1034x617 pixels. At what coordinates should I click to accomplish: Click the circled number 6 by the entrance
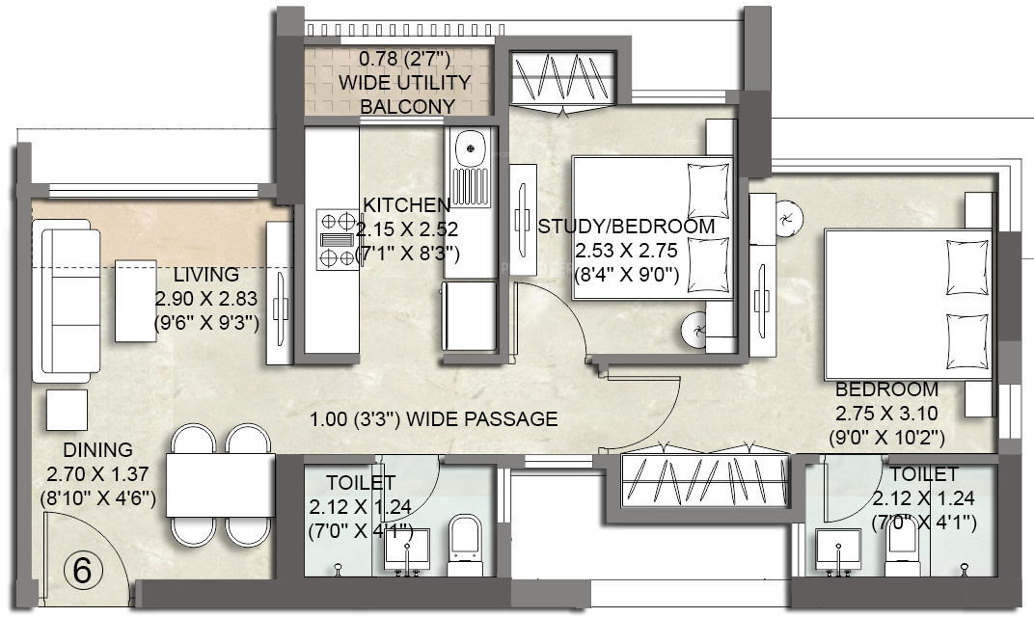tap(83, 571)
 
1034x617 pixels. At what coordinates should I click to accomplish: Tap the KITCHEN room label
tap(406, 205)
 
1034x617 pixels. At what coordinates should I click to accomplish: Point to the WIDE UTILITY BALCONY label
tap(405, 83)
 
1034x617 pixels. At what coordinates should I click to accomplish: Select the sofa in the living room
tap(66, 299)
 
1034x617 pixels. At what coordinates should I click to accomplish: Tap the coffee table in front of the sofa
tap(136, 300)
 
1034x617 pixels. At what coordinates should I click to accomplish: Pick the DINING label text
tap(97, 450)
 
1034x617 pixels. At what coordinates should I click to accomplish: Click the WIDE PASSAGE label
tap(434, 419)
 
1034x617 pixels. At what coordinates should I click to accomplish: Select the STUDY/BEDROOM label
tap(627, 227)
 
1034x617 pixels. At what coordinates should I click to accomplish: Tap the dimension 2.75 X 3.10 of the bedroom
tap(886, 414)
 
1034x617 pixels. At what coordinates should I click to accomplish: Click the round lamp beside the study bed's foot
tap(695, 331)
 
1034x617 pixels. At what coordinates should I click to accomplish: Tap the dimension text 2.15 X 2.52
tap(406, 230)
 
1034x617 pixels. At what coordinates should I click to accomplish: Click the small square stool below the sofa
tap(67, 410)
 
